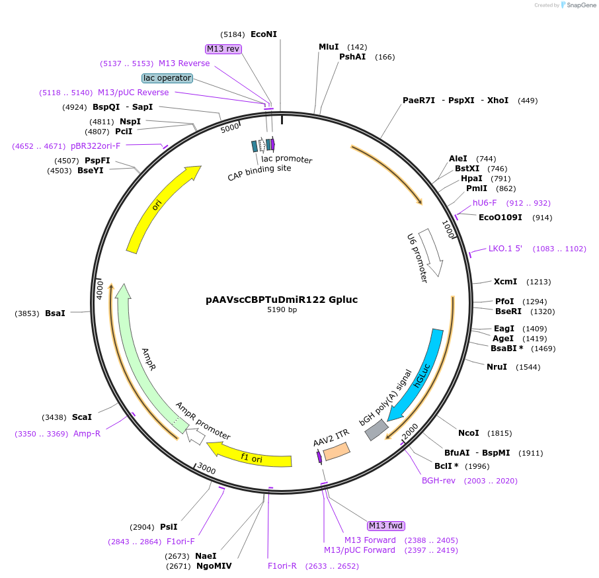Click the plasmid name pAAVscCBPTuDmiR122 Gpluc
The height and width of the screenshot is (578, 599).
[282, 300]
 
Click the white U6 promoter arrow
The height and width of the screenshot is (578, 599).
[430, 251]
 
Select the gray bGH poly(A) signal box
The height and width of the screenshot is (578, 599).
[376, 429]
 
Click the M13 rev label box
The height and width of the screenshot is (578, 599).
[223, 49]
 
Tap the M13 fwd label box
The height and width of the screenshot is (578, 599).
[386, 526]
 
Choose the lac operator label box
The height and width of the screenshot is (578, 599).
[167, 78]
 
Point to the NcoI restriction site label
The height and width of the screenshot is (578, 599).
[468, 433]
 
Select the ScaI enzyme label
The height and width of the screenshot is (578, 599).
[82, 417]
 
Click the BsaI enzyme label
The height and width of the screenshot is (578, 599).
[55, 313]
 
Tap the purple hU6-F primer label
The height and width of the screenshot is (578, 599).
[485, 203]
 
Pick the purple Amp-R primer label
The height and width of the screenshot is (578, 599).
[87, 434]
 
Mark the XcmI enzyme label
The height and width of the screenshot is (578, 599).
[505, 282]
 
